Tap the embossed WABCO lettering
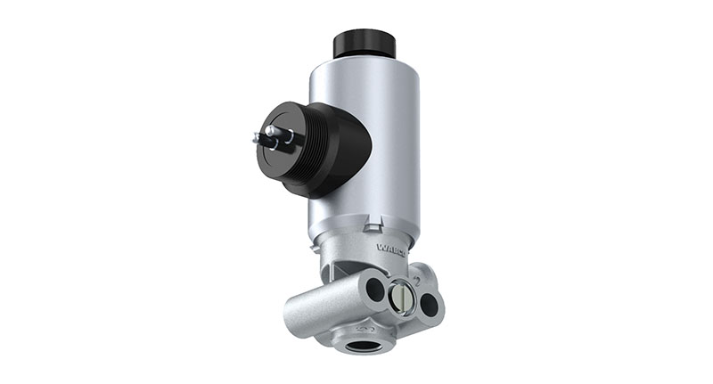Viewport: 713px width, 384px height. pos(391,250)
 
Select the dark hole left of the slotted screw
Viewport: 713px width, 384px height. pos(375,290)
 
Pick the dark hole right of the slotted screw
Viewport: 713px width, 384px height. pos(429,304)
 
